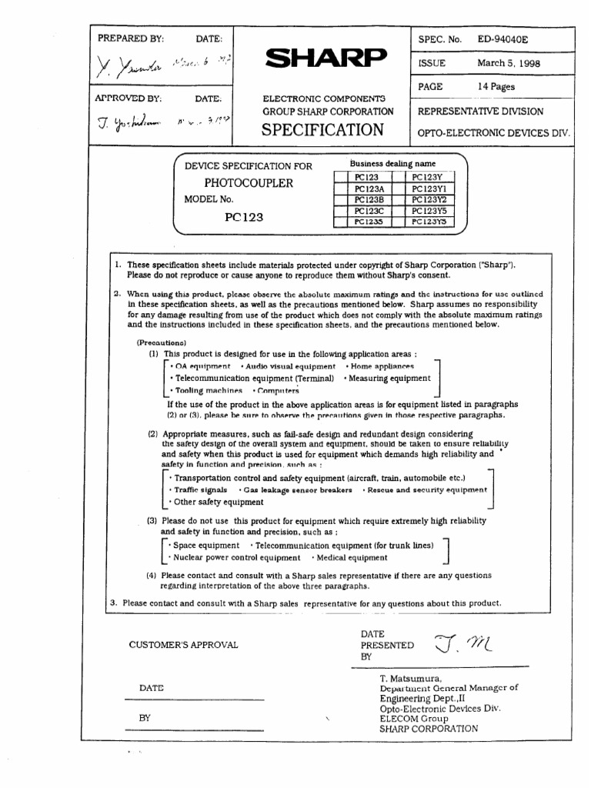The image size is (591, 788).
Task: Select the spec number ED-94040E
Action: (x=503, y=38)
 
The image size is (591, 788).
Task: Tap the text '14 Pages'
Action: (x=496, y=87)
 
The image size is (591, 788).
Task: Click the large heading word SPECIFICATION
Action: (x=322, y=129)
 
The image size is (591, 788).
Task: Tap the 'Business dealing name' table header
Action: (x=392, y=164)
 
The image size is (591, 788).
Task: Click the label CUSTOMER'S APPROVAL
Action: (x=183, y=645)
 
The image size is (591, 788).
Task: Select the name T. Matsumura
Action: (x=409, y=678)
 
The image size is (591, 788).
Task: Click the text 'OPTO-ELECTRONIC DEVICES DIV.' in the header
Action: (x=493, y=132)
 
